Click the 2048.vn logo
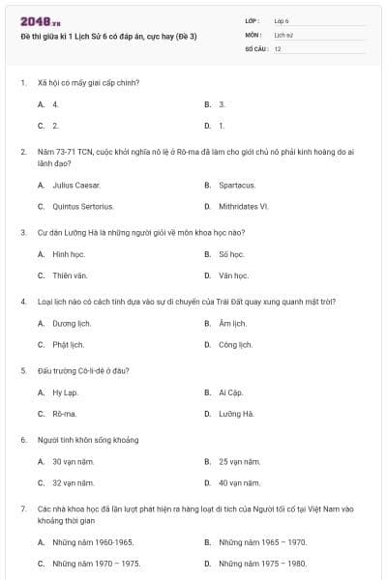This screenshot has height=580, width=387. [x=41, y=21]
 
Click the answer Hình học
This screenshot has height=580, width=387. [x=69, y=254]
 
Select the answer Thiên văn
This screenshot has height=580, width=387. [x=70, y=275]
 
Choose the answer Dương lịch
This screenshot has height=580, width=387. [x=70, y=323]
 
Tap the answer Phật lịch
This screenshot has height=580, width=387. [x=68, y=344]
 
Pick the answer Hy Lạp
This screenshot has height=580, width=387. [x=65, y=392]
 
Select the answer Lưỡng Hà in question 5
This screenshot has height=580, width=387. [x=235, y=414]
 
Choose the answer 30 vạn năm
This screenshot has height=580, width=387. [x=74, y=461]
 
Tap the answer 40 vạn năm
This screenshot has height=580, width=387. [x=240, y=482]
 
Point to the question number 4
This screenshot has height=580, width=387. [x=22, y=302]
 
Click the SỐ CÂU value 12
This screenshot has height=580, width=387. [x=278, y=48]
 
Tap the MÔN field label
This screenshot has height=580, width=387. [x=253, y=34]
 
